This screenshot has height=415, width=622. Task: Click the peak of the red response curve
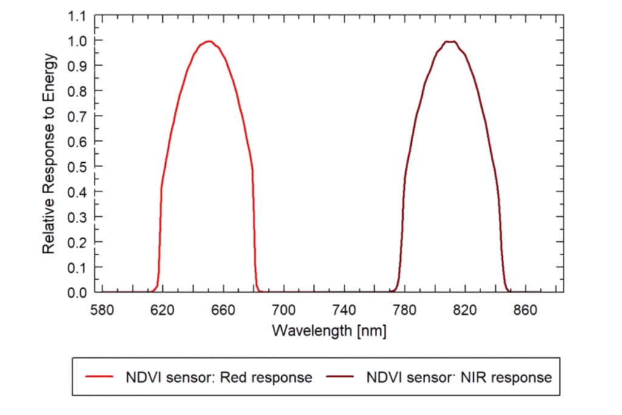[x=208, y=41]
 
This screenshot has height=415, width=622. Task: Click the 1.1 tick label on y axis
[x=77, y=15]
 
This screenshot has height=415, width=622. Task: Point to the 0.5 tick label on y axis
[x=77, y=166]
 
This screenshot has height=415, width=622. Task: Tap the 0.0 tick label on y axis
[x=77, y=292]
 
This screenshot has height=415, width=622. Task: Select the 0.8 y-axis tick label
[x=77, y=91]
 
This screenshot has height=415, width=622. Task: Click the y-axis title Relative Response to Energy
[x=50, y=153]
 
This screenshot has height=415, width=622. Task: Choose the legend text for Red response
[x=219, y=377]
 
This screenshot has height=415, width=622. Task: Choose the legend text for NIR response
[x=459, y=377]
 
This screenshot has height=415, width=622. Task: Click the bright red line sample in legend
[x=98, y=377]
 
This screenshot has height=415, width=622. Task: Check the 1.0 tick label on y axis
[x=77, y=41]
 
